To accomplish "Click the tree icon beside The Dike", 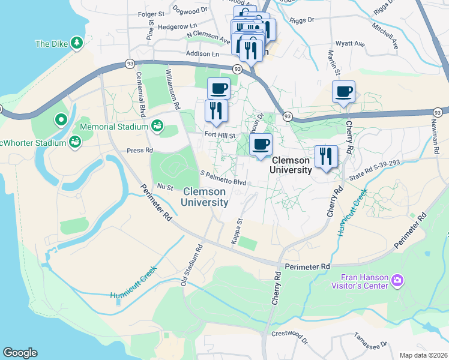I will (x=76, y=43).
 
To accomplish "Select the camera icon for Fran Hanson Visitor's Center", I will (x=397, y=280).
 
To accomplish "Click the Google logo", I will (x=20, y=353).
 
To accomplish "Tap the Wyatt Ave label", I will (x=351, y=44).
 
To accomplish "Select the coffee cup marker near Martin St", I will (x=343, y=92).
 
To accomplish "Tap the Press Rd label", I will (x=140, y=151).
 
